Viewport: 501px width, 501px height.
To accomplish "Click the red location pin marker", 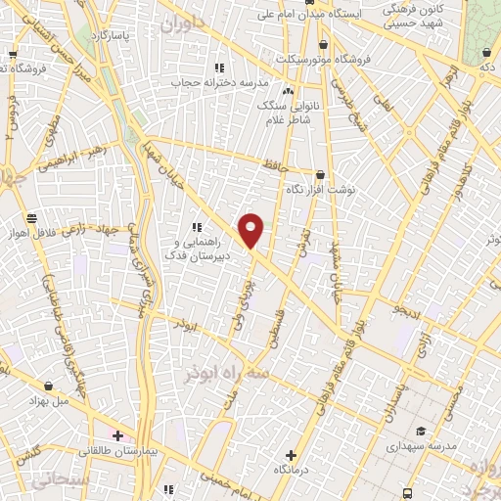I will pos(251,229).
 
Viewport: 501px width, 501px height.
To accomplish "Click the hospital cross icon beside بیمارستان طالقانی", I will pos(117,435).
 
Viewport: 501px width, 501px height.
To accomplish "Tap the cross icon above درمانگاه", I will pos(291,455).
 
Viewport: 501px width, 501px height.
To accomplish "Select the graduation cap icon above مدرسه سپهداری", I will pos(422,432).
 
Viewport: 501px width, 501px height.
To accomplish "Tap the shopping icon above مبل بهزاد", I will pos(49,386).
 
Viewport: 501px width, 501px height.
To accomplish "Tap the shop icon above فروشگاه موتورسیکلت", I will pos(323,44).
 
